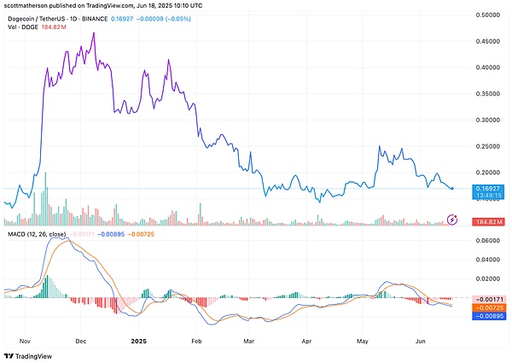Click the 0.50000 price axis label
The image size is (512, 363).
point(489,15)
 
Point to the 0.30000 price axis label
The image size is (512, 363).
point(489,120)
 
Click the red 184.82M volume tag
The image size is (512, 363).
point(489,221)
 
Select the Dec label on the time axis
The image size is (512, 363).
point(82,339)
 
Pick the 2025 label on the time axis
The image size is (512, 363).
point(141,339)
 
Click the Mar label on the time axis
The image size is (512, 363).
point(248,339)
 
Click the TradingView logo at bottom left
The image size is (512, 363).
point(32,354)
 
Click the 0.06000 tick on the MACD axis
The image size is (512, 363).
point(489,243)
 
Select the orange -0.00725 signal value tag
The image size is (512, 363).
point(489,306)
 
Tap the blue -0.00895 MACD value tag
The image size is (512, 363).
point(489,315)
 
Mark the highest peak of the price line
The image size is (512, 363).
point(93,32)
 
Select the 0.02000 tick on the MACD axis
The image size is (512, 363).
point(489,278)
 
